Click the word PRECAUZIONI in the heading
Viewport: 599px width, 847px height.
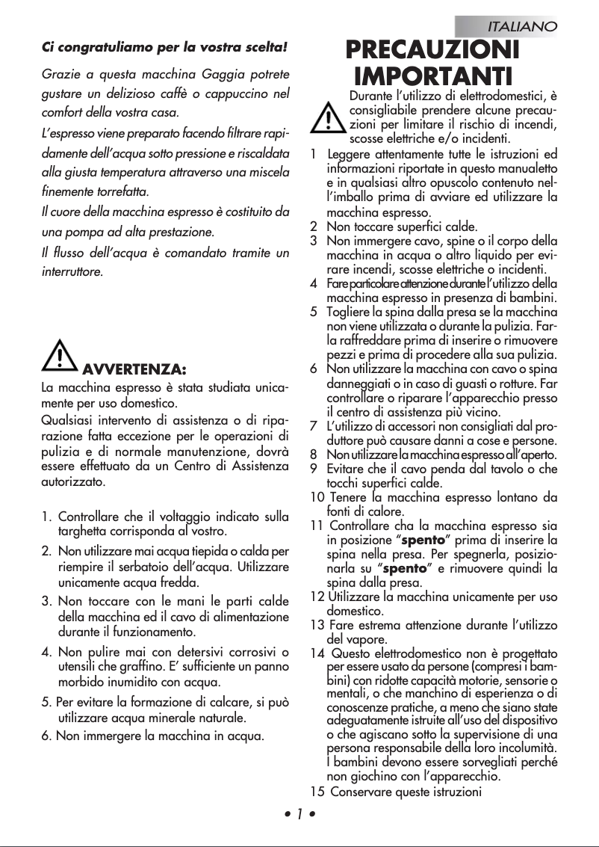click(432, 51)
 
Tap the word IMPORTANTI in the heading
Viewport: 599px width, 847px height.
click(432, 76)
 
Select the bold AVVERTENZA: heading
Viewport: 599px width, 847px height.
click(134, 369)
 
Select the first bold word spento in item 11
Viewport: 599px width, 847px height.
click(423, 540)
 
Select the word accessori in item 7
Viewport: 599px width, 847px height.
click(400, 426)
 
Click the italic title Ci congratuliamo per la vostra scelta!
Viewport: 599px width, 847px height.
click(164, 48)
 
